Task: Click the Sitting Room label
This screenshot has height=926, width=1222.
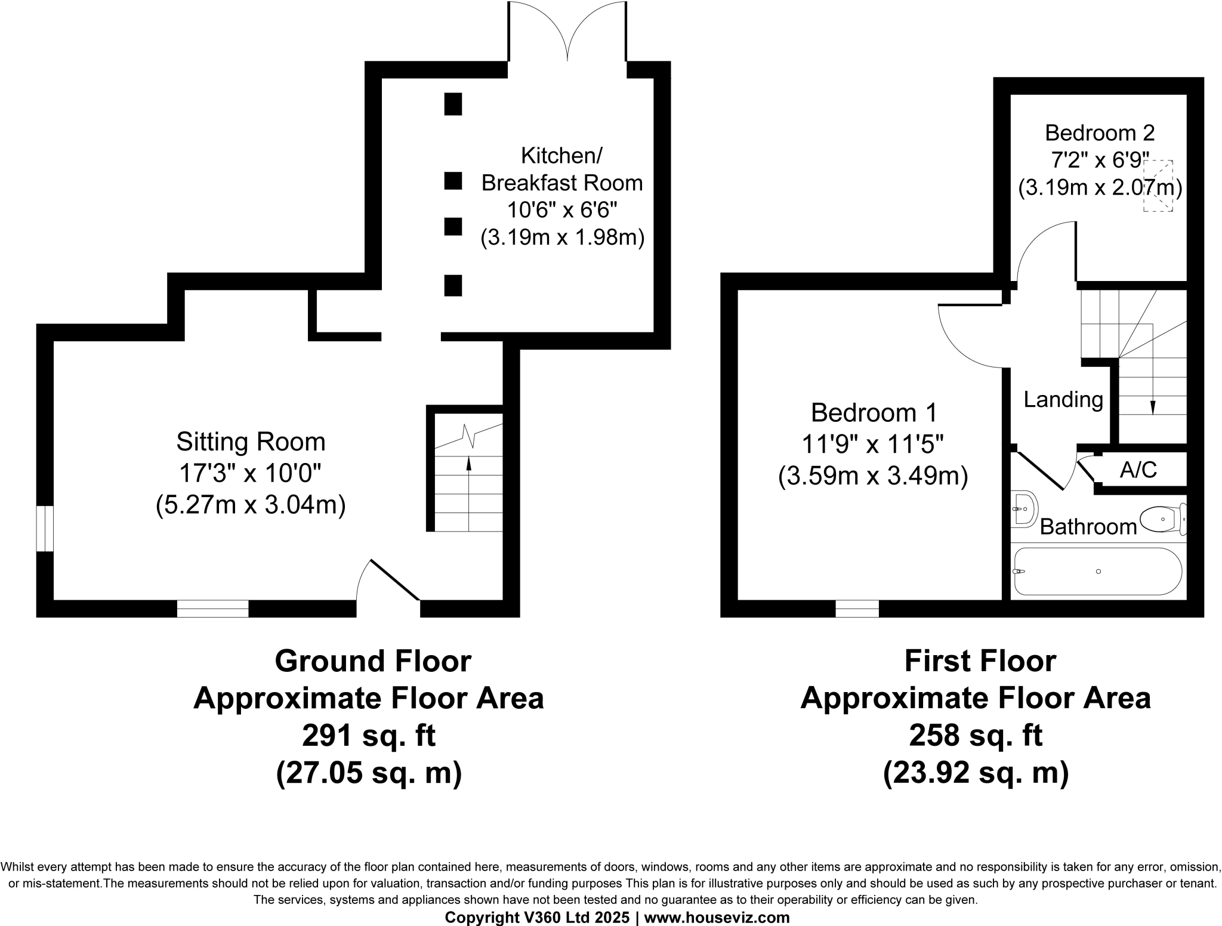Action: click(251, 442)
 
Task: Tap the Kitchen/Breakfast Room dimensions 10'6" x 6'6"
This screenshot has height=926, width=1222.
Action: click(562, 211)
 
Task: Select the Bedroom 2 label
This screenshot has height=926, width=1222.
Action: click(1100, 132)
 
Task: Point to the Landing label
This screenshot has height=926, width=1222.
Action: click(1063, 399)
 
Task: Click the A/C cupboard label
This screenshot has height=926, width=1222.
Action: click(1138, 470)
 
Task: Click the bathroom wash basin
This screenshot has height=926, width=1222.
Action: click(1023, 510)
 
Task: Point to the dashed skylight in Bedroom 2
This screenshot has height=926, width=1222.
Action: click(1158, 186)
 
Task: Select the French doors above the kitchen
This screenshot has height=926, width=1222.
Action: click(567, 33)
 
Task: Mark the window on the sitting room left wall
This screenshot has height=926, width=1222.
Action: click(45, 529)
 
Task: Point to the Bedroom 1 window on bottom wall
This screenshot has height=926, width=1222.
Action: click(857, 609)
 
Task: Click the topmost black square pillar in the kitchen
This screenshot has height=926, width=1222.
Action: click(453, 104)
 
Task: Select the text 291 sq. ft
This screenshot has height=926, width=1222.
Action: click(369, 736)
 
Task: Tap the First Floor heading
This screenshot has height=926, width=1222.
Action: click(980, 661)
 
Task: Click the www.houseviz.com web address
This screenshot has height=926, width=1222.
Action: click(717, 918)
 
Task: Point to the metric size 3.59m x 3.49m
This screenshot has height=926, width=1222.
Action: click(873, 477)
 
